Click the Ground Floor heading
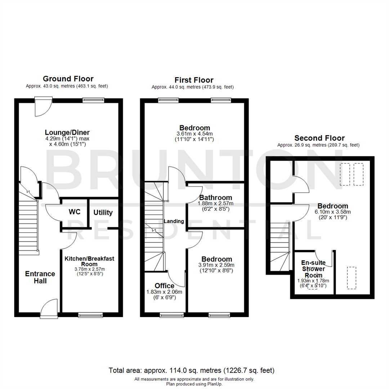tap(68, 79)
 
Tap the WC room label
tap(74, 211)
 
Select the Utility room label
tap(103, 213)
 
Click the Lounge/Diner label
tap(67, 132)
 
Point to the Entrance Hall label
tap(40, 277)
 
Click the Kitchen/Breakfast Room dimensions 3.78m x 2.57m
tap(89, 269)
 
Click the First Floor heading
tap(194, 80)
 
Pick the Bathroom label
tap(216, 198)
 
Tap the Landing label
tap(174, 221)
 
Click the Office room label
tap(165, 286)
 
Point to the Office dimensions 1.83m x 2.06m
tap(164, 292)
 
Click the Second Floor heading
tap(319, 138)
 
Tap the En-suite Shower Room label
tap(313, 269)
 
